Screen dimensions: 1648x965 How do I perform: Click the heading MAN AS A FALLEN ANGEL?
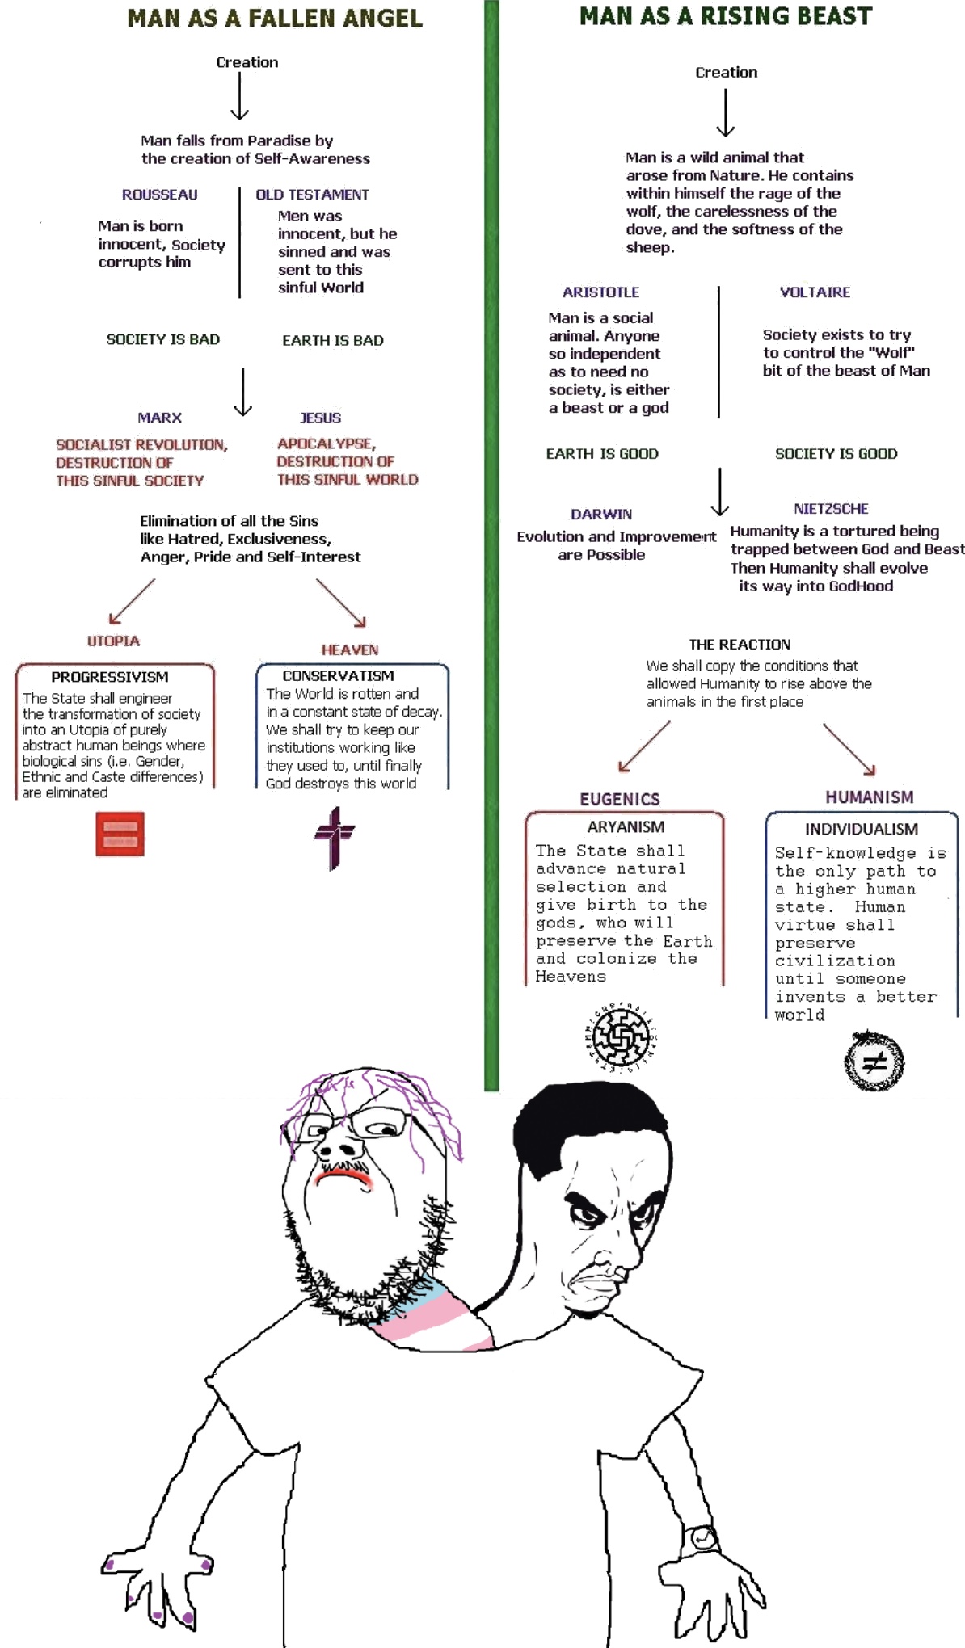[275, 18]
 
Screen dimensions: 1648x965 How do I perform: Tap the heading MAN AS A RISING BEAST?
[726, 16]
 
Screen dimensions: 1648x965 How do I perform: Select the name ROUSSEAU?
[159, 195]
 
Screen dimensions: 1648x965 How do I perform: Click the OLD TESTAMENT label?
[312, 195]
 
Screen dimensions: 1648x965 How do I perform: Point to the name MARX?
[159, 418]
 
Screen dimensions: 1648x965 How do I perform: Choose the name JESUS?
[320, 418]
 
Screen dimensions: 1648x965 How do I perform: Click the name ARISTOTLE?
[600, 292]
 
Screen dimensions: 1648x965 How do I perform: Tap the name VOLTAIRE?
[815, 292]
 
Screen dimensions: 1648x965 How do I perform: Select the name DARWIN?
[601, 515]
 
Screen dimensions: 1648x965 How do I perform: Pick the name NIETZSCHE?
[831, 509]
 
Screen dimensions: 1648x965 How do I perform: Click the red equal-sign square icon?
[120, 834]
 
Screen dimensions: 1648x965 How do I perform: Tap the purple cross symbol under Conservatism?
[335, 837]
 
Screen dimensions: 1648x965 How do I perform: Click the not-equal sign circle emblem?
[874, 1062]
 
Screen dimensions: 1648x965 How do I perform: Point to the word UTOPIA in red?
[113, 641]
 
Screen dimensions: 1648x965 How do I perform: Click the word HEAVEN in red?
[349, 650]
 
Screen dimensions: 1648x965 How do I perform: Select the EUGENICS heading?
[620, 799]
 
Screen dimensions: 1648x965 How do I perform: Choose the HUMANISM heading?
[869, 797]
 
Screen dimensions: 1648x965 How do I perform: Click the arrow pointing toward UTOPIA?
[131, 601]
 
